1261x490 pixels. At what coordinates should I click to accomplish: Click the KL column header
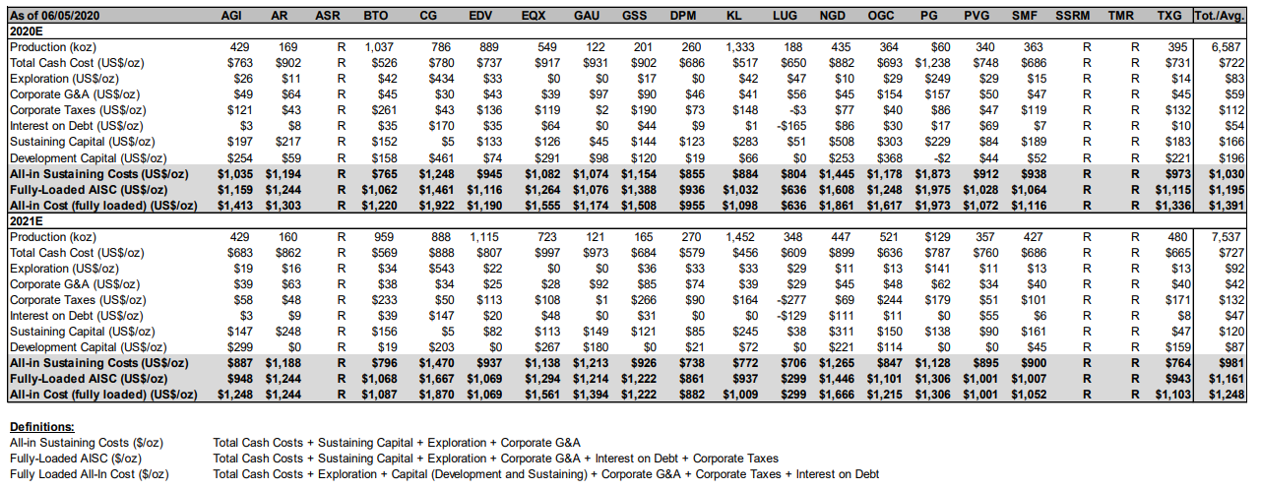click(733, 16)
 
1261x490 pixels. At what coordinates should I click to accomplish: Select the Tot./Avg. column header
click(1220, 16)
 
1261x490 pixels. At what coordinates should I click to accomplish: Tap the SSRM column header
click(1072, 16)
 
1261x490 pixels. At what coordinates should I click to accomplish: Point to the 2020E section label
click(26, 31)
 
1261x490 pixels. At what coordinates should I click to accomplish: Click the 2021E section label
click(26, 221)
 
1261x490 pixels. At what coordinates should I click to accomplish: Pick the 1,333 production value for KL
click(741, 47)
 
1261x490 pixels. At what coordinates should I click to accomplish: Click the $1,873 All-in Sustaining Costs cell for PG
click(932, 174)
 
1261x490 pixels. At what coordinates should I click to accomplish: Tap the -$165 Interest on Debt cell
click(791, 126)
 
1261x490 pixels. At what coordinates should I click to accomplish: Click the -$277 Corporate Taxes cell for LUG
click(791, 300)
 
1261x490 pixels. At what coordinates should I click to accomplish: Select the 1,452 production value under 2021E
click(741, 237)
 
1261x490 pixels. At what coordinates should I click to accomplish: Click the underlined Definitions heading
click(42, 427)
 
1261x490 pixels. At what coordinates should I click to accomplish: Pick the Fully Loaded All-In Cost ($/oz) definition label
click(89, 474)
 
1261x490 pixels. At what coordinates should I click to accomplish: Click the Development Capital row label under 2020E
click(89, 158)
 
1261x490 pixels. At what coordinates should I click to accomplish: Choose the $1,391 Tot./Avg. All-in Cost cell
click(1227, 206)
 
